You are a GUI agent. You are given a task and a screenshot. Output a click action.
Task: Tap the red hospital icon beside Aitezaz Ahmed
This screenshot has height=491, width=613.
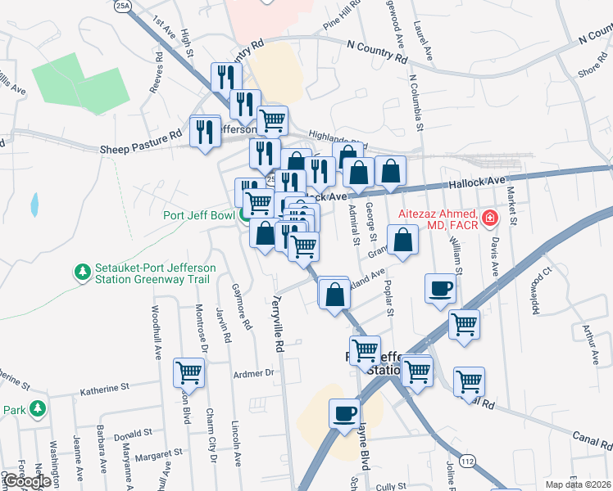pyautogui.click(x=489, y=217)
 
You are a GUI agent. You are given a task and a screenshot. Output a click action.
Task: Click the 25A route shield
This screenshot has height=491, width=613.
pyautogui.click(x=123, y=6)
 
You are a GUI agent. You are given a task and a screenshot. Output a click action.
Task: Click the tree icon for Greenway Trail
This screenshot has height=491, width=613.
pyautogui.click(x=82, y=271)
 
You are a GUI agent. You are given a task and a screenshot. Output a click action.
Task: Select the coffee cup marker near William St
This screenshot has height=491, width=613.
pyautogui.click(x=441, y=289)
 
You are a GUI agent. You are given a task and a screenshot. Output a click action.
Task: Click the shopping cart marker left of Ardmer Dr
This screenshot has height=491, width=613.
pyautogui.click(x=188, y=373)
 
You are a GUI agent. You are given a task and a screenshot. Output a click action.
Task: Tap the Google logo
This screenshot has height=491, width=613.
pyautogui.click(x=28, y=480)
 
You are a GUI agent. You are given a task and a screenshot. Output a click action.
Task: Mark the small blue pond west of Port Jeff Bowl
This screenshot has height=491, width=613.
pyautogui.click(x=34, y=205)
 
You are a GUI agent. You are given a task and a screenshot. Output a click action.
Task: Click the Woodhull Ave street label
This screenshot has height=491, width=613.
pyautogui.click(x=156, y=333)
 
